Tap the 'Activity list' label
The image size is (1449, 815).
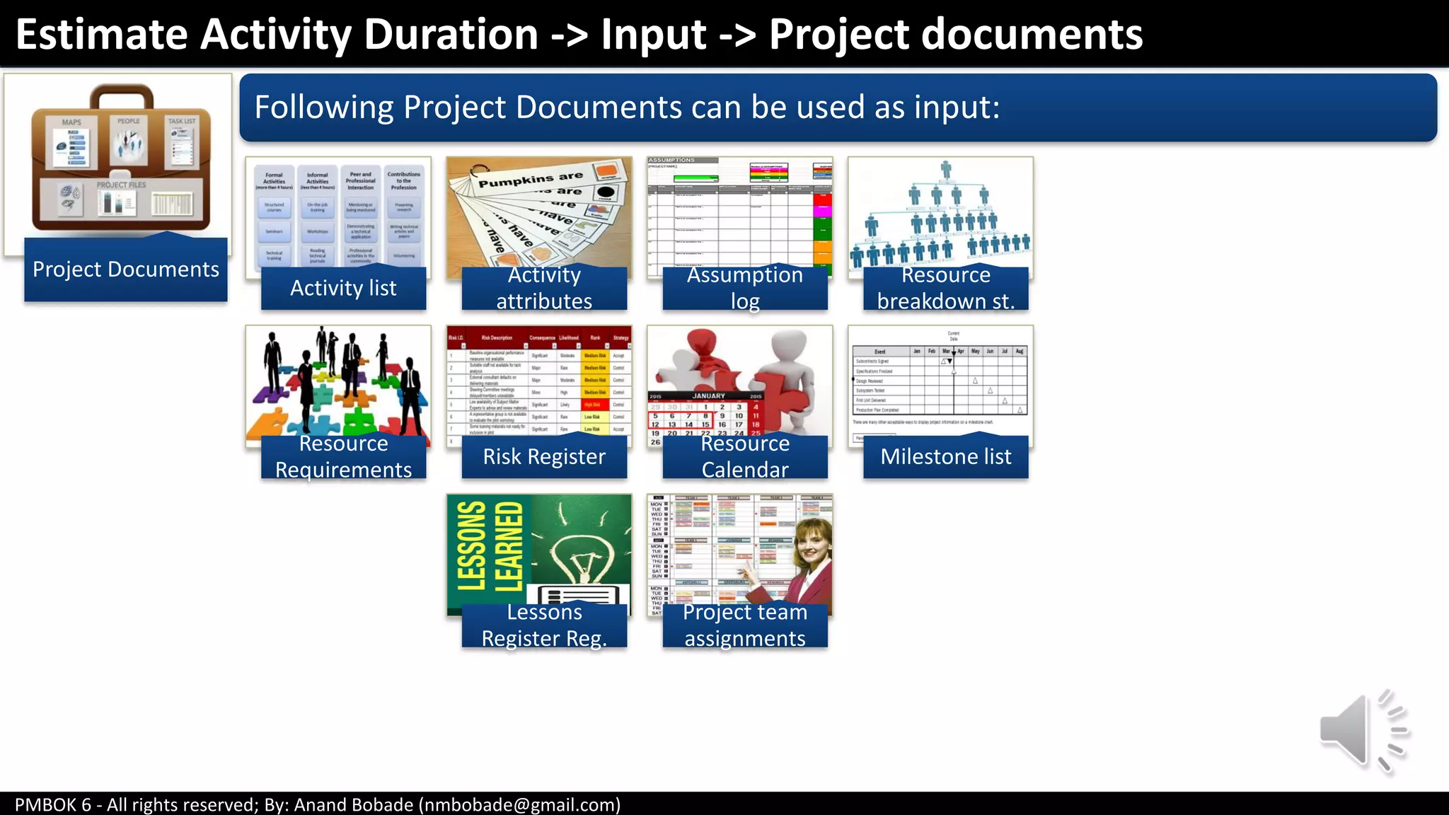pyautogui.click(x=343, y=288)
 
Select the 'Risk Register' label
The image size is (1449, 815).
pyautogui.click(x=544, y=456)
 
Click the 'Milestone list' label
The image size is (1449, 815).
pyautogui.click(x=945, y=456)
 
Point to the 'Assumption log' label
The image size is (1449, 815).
pyautogui.click(x=744, y=288)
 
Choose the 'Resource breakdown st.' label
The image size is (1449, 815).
pyautogui.click(x=945, y=288)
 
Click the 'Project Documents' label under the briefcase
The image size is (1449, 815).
pyautogui.click(x=126, y=270)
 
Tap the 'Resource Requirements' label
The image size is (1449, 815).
pyautogui.click(x=343, y=456)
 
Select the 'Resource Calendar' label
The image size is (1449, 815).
pyautogui.click(x=744, y=456)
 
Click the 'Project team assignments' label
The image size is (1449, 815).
pyautogui.click(x=744, y=625)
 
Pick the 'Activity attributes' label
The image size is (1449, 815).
pyautogui.click(x=544, y=288)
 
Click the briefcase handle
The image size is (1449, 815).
pyautogui.click(x=121, y=94)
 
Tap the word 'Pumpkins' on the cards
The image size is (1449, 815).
pyautogui.click(x=504, y=182)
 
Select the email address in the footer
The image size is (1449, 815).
pyautogui.click(x=519, y=804)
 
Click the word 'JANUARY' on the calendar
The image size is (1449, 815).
pyautogui.click(x=708, y=396)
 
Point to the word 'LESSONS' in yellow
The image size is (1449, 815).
pyautogui.click(x=471, y=545)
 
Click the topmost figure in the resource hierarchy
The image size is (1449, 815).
pyautogui.click(x=946, y=168)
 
